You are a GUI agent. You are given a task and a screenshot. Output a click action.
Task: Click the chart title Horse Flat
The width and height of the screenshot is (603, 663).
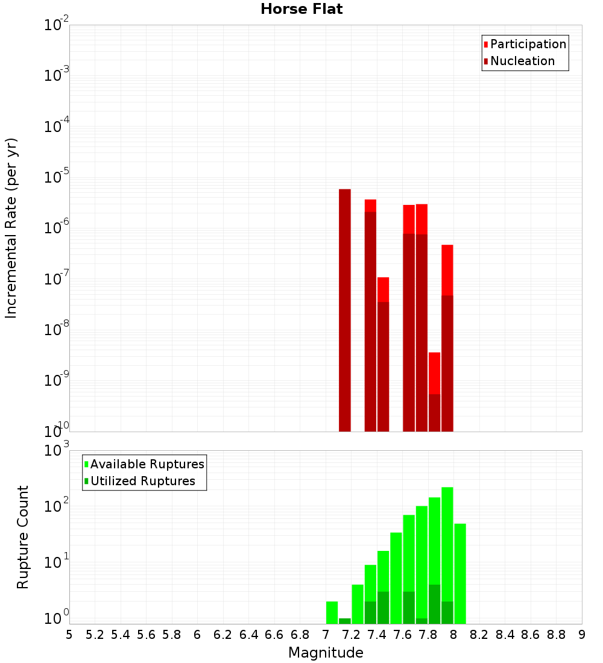pos(301,9)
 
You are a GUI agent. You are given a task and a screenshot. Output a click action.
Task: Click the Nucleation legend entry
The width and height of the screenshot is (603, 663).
pos(522,61)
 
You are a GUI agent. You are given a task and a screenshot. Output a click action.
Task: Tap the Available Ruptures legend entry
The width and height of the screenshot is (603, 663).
pos(147,464)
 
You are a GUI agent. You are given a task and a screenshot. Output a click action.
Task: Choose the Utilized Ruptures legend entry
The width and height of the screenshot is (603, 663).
pos(142,481)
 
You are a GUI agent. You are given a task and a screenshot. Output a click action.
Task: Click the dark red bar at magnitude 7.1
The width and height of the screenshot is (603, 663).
pos(344,310)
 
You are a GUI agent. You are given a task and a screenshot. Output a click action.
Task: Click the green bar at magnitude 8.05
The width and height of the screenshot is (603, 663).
pos(459,573)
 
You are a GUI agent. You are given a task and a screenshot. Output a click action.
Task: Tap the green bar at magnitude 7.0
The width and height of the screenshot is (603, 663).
pos(332,612)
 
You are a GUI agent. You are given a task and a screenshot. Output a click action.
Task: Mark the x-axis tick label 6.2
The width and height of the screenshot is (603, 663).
pos(223,634)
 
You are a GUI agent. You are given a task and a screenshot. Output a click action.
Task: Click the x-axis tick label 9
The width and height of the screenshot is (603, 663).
pos(582,634)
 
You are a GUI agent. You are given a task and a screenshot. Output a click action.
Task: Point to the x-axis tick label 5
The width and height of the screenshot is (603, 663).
pos(69,634)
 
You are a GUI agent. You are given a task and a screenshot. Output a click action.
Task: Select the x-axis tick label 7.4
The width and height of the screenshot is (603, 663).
pos(377,634)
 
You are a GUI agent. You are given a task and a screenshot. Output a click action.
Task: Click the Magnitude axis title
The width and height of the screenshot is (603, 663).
pos(326,653)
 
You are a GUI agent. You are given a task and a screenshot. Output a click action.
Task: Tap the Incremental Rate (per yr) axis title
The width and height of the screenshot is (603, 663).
pos(11,228)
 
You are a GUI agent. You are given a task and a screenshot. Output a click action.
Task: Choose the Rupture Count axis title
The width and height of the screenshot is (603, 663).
pos(23,536)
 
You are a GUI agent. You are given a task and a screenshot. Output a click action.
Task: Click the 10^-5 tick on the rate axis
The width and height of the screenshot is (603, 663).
pos(57,177)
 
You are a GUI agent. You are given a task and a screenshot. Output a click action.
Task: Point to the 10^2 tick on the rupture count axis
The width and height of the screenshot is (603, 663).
pos(57,505)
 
